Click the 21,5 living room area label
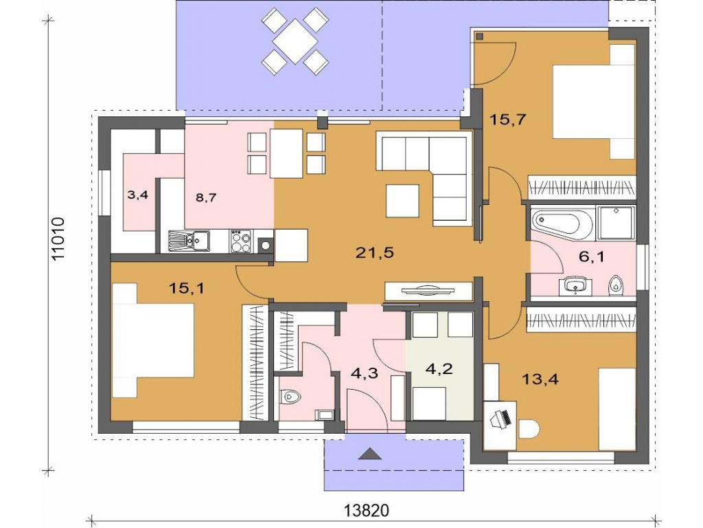[374, 253]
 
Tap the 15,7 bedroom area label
[507, 120]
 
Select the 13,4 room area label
[540, 379]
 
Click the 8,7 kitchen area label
[206, 197]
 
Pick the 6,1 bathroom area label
[591, 257]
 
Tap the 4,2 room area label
[439, 369]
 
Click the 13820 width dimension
[367, 511]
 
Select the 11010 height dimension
[59, 239]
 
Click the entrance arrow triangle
[370, 454]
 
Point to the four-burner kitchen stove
[241, 241]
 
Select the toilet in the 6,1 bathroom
[616, 285]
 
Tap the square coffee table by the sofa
[402, 201]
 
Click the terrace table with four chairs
[295, 41]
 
